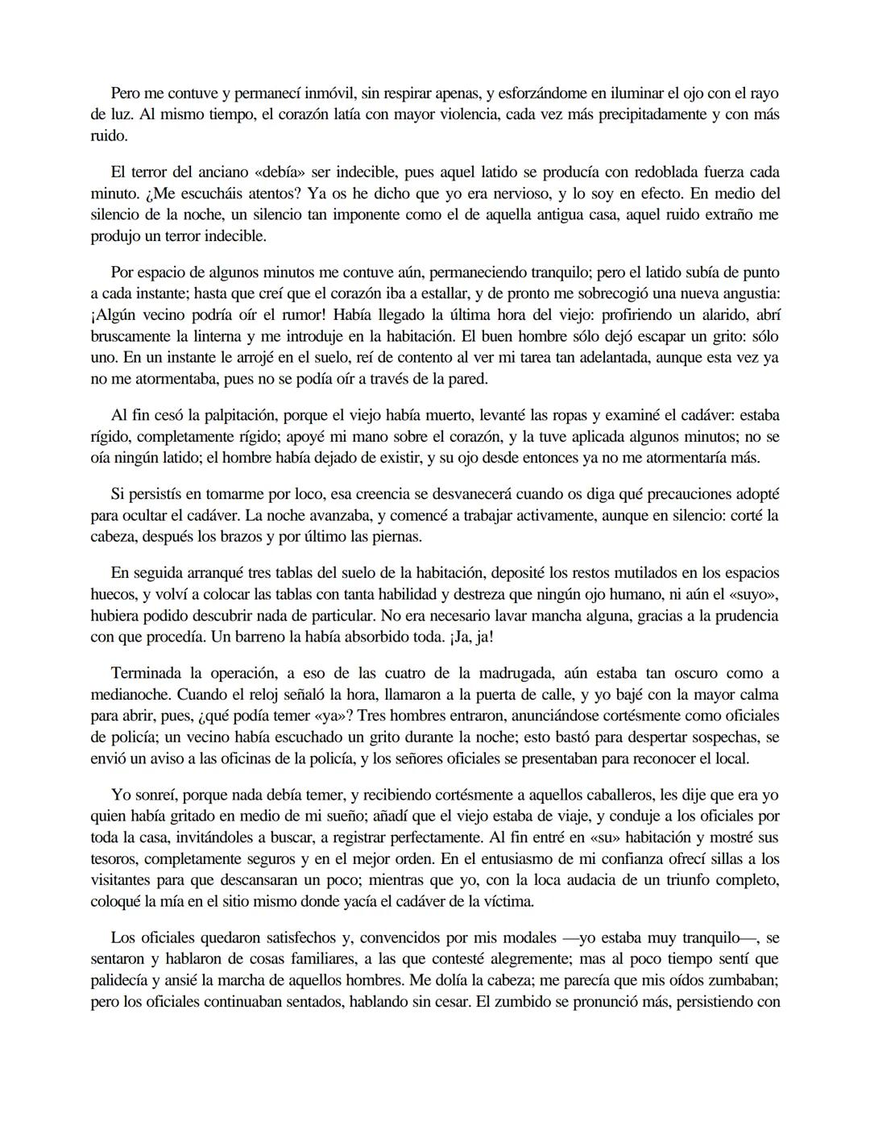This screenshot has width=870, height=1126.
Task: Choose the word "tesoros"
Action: coord(114,858)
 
